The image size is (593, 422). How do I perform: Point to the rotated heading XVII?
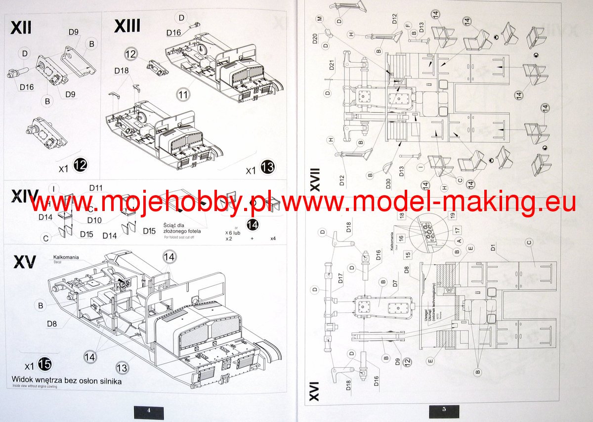point(315,179)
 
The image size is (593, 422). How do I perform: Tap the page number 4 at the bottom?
point(148,410)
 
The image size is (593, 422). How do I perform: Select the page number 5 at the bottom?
point(444,410)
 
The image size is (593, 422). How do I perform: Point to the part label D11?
point(96,188)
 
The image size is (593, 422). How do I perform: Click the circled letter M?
point(320,18)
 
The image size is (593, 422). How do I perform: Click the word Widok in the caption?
point(23,380)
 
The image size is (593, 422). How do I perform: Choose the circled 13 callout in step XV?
point(122,367)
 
